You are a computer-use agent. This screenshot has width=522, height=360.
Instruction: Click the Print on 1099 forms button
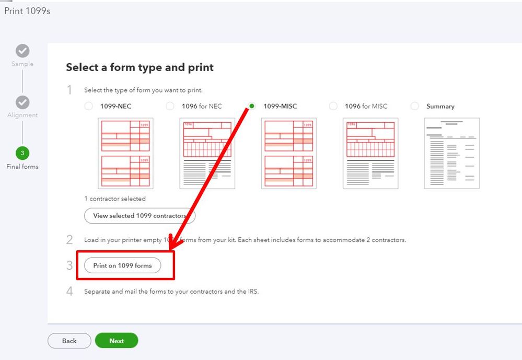pos(122,265)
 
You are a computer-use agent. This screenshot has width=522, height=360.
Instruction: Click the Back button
pos(69,341)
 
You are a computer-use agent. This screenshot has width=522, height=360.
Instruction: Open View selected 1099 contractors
pos(140,215)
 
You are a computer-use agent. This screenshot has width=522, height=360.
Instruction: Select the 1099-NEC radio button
pos(88,106)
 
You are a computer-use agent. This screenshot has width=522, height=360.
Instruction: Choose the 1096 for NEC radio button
pos(170,106)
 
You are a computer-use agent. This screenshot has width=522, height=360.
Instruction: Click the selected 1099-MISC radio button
pos(252,106)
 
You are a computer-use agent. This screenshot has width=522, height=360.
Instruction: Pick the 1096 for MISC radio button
pos(333,106)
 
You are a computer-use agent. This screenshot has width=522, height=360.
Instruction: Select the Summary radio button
pos(415,106)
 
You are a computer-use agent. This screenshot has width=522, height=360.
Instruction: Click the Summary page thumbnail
pos(452,153)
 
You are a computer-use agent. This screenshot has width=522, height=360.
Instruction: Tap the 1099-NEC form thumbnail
pos(125,153)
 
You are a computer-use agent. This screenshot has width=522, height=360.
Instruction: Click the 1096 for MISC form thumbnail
pos(370,153)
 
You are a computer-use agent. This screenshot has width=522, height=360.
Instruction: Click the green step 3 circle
pos(22,153)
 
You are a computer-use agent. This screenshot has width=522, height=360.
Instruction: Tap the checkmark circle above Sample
pos(22,51)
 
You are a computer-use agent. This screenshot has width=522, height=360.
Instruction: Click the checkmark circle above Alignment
pos(22,102)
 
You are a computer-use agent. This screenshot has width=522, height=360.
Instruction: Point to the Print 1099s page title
pos(27,11)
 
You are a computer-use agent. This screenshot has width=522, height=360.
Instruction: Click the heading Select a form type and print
pos(140,67)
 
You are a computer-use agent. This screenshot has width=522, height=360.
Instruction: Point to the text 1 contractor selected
pos(115,199)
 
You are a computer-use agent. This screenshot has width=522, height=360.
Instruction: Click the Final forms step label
pos(22,167)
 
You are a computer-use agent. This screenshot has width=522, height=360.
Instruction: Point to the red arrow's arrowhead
pos(175,242)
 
